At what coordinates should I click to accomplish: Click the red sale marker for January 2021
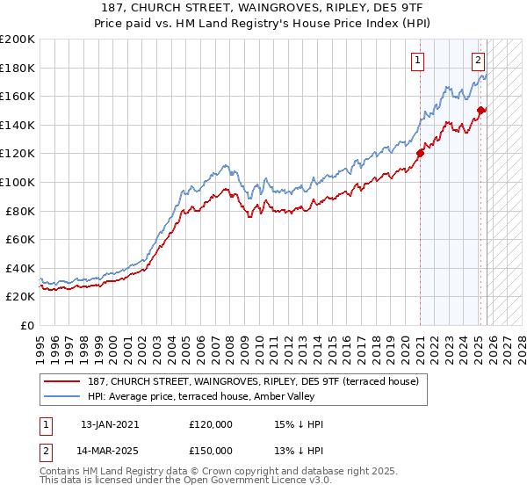pos(420,153)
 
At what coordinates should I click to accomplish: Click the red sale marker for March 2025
pos(480,110)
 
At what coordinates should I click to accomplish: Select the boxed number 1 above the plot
pos(416,61)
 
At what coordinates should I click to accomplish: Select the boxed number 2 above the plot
pos(478,61)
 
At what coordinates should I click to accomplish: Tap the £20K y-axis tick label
pos(20,296)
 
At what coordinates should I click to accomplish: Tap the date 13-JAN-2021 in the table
pos(109,424)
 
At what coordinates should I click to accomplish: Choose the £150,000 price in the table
pos(211,450)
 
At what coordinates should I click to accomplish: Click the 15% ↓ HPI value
pos(299,424)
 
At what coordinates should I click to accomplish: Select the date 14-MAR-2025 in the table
pos(110,450)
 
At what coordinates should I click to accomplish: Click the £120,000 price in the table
pos(211,424)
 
